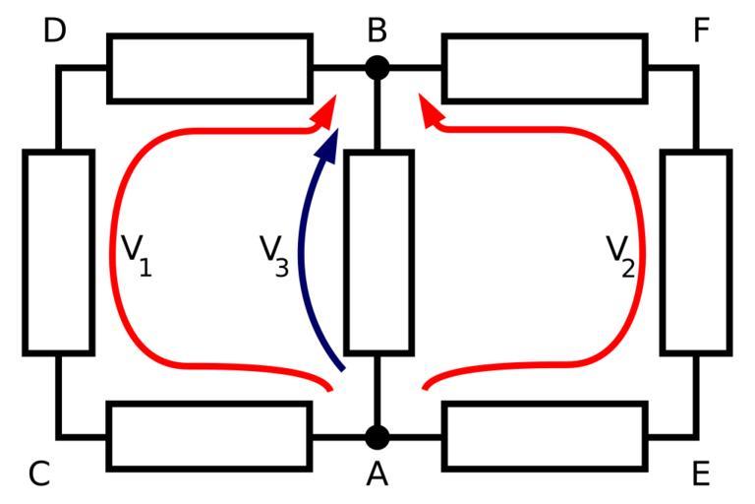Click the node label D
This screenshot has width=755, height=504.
pos(55,31)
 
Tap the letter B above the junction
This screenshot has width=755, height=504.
pos(377,31)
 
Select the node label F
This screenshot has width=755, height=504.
pos(700,31)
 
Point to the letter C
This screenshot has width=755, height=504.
pos(39,474)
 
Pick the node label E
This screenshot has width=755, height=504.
pos(700,474)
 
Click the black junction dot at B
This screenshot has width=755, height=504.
pos(377,68)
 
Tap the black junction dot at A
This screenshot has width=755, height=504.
pos(377,436)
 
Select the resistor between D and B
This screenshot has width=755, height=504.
pos(209,68)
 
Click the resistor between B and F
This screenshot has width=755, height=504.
pos(545,68)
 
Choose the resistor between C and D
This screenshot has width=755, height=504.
pos(58,252)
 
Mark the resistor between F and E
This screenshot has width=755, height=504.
pos(696,252)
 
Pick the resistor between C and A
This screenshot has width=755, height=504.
pos(209,435)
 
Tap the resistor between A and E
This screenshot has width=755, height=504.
pos(545,435)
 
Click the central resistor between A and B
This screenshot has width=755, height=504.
pos(377,252)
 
